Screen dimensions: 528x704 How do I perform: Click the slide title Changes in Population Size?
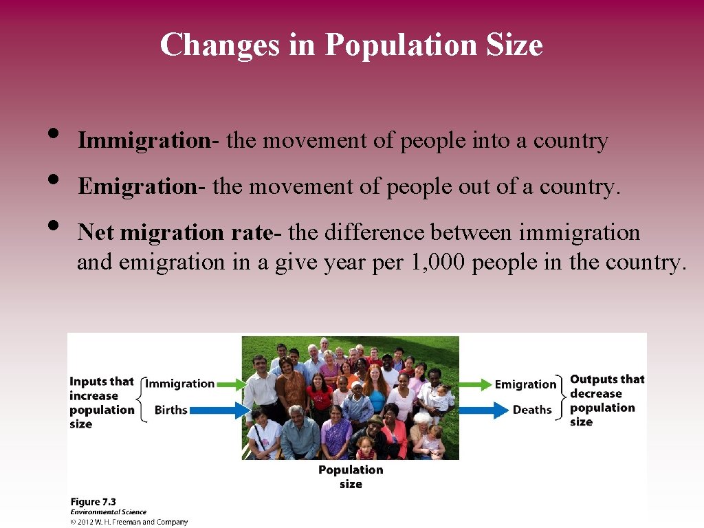(x=351, y=45)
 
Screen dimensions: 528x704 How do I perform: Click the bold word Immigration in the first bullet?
(x=143, y=141)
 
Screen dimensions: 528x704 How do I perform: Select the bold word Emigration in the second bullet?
(x=137, y=186)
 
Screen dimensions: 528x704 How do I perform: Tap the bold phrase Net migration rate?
(x=175, y=232)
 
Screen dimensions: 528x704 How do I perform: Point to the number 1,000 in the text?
(x=444, y=262)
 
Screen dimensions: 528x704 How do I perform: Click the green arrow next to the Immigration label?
(x=231, y=384)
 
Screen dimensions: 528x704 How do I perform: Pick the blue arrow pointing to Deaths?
(x=484, y=410)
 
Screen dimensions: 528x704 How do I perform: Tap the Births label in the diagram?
(x=170, y=410)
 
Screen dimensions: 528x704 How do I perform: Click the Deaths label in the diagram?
(x=532, y=410)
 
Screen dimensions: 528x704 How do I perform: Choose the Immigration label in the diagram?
(x=180, y=384)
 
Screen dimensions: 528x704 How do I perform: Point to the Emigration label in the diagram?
(x=525, y=384)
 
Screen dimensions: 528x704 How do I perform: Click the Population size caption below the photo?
(x=351, y=476)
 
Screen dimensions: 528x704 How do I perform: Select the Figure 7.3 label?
(x=93, y=502)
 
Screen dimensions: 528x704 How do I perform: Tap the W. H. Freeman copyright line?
(x=129, y=522)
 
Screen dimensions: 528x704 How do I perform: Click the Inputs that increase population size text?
(x=102, y=403)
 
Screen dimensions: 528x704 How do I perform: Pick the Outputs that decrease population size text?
(x=606, y=400)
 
